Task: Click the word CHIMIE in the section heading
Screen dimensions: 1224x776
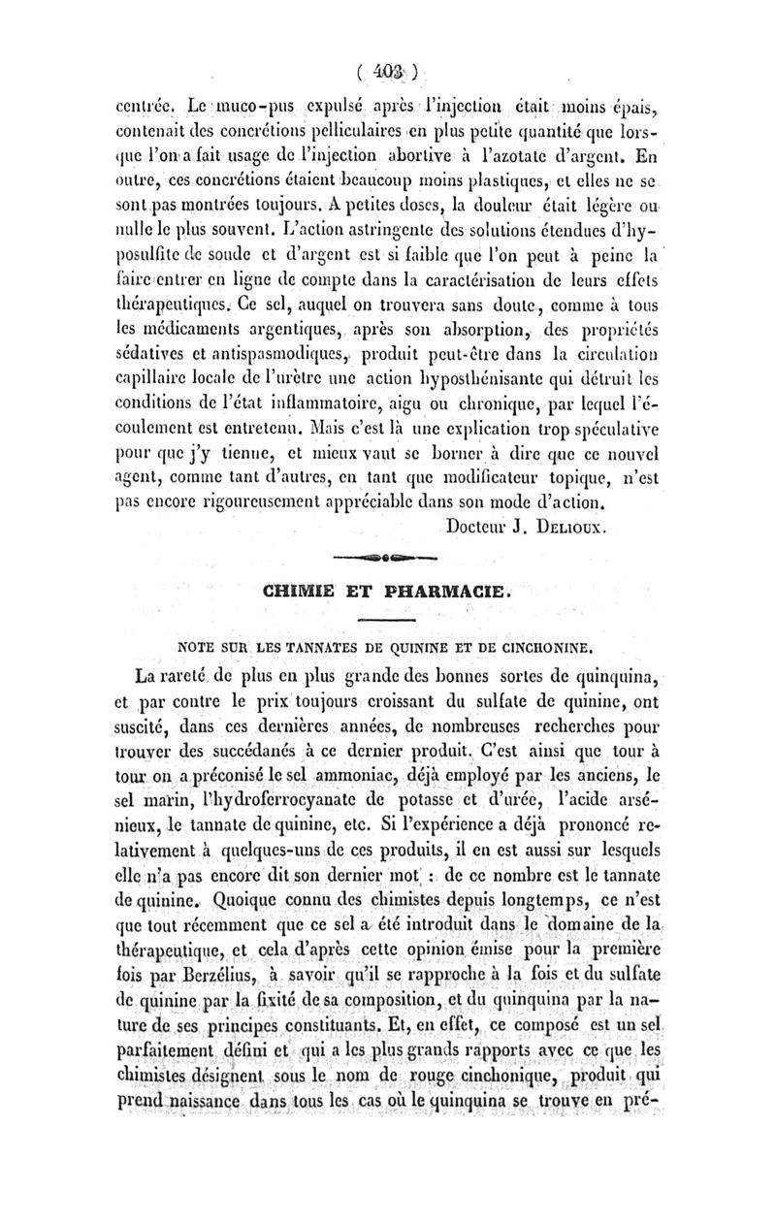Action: tap(297, 590)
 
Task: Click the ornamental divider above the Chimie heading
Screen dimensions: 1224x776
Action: tap(385, 558)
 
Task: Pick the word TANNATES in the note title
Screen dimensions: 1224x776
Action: tap(299, 641)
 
